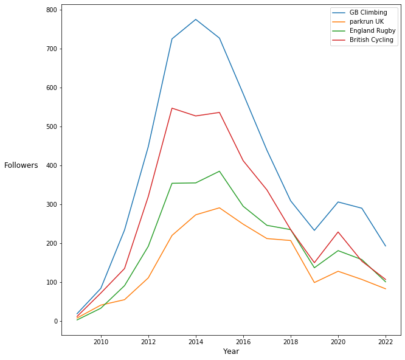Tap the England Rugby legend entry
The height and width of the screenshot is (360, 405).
click(x=372, y=30)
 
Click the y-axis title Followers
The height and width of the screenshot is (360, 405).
click(x=21, y=165)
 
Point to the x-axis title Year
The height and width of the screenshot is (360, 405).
click(x=231, y=351)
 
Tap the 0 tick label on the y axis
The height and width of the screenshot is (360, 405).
click(x=55, y=321)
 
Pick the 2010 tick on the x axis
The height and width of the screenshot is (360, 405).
click(x=101, y=341)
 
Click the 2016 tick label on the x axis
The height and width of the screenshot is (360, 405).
click(x=243, y=341)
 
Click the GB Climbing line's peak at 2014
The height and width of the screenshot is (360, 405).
click(x=196, y=19)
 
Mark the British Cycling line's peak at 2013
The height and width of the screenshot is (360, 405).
click(x=172, y=108)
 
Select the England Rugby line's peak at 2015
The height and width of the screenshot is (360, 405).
click(x=220, y=171)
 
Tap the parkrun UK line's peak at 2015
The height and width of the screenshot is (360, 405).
click(x=220, y=208)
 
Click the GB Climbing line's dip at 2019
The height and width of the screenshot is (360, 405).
click(x=314, y=230)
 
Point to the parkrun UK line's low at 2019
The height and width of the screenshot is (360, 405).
click(x=314, y=282)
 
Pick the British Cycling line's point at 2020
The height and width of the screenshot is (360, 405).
click(x=338, y=232)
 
